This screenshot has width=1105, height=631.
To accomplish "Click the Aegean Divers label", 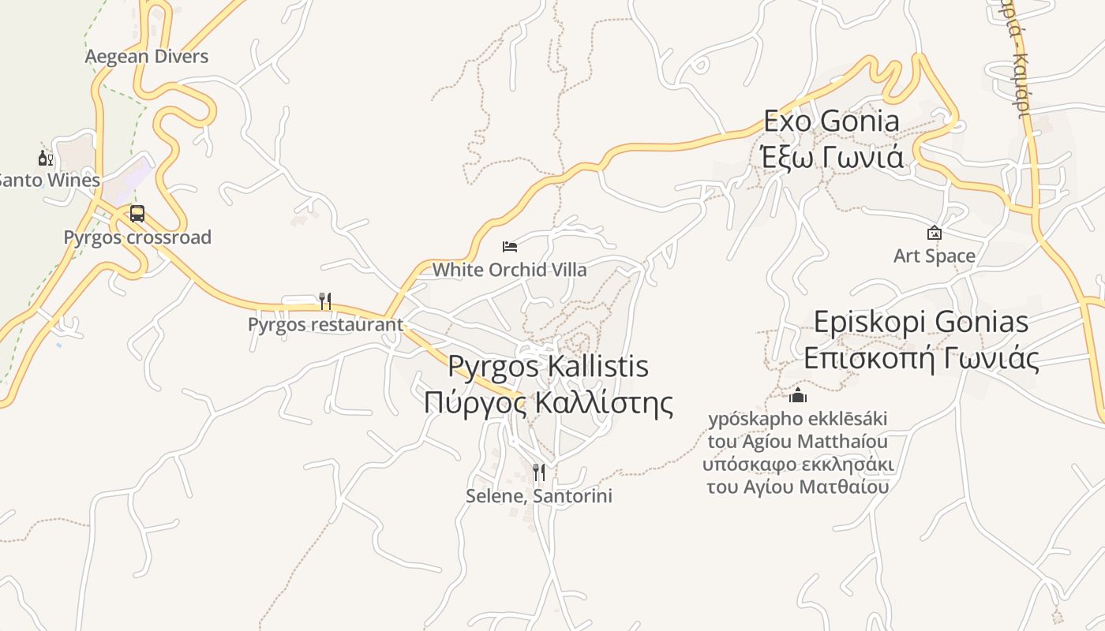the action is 147,56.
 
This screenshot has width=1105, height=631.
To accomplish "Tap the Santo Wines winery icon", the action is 46,159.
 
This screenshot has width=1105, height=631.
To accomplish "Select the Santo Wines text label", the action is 49,180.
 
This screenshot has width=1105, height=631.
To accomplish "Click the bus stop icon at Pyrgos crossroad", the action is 137,214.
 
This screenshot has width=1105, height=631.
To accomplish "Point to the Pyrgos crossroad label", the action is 137,237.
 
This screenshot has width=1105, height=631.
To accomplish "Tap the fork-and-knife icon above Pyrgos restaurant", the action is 324,301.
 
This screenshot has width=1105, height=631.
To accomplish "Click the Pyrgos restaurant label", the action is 325,324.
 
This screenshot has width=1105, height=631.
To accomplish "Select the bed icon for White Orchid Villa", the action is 510,247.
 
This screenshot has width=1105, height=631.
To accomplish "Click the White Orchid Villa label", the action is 510,270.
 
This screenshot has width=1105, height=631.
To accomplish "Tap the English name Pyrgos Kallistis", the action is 549,367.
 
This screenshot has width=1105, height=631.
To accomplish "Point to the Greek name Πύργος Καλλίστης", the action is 549,402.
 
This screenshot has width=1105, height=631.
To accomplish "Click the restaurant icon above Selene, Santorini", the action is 539,472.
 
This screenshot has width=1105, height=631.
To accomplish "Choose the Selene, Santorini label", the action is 539,496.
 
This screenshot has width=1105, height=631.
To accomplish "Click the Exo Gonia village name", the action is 831,121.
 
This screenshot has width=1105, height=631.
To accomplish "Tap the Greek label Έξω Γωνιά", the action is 831,158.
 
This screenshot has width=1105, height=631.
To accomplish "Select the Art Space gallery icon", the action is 935,233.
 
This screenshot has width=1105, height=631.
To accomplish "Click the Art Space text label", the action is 935,256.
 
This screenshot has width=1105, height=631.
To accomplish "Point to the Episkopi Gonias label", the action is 921,322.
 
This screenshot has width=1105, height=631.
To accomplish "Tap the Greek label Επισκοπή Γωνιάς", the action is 921,358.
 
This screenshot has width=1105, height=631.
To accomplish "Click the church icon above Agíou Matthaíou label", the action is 798,395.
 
